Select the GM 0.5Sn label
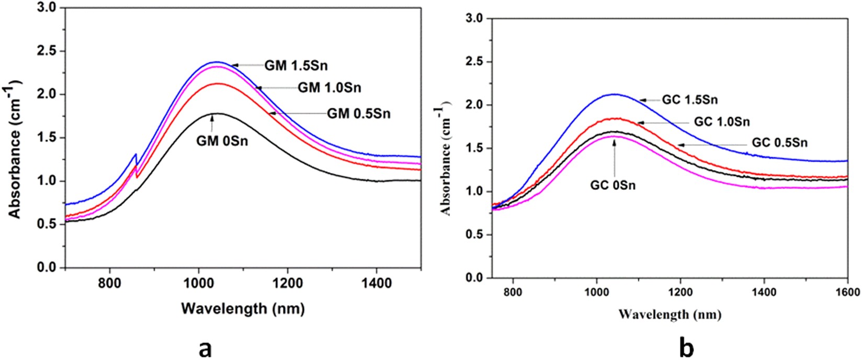click(358, 113)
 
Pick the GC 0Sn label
click(613, 185)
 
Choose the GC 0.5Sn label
click(780, 142)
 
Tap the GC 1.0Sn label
click(722, 122)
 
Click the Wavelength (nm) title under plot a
click(242, 309)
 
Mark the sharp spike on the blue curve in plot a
click(136, 154)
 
